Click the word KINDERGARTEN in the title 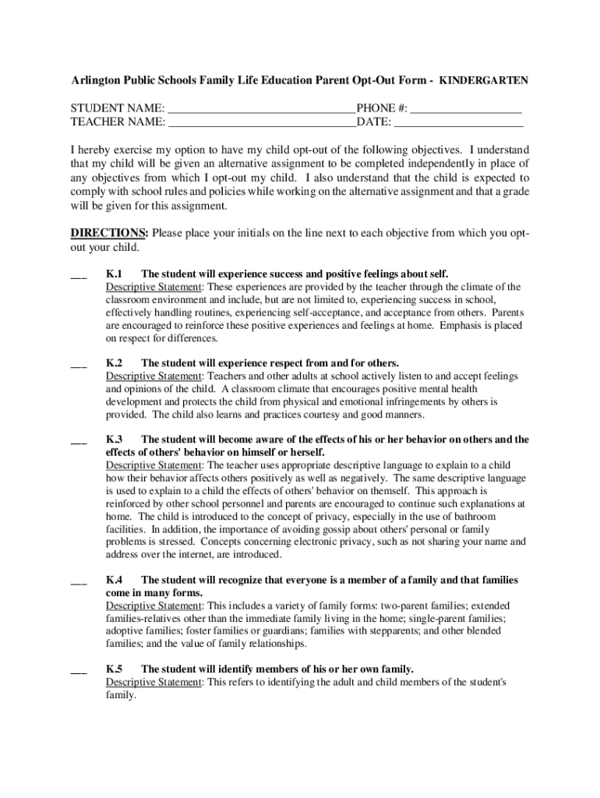pyautogui.click(x=483, y=80)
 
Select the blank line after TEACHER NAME pyautogui.click(x=262, y=123)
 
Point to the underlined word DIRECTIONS pyautogui.click(x=108, y=233)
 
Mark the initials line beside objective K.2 pyautogui.click(x=79, y=365)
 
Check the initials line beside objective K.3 pyautogui.click(x=79, y=441)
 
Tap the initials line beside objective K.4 pyautogui.click(x=79, y=582)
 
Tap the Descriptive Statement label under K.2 pyautogui.click(x=154, y=376)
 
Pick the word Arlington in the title pyautogui.click(x=96, y=80)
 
